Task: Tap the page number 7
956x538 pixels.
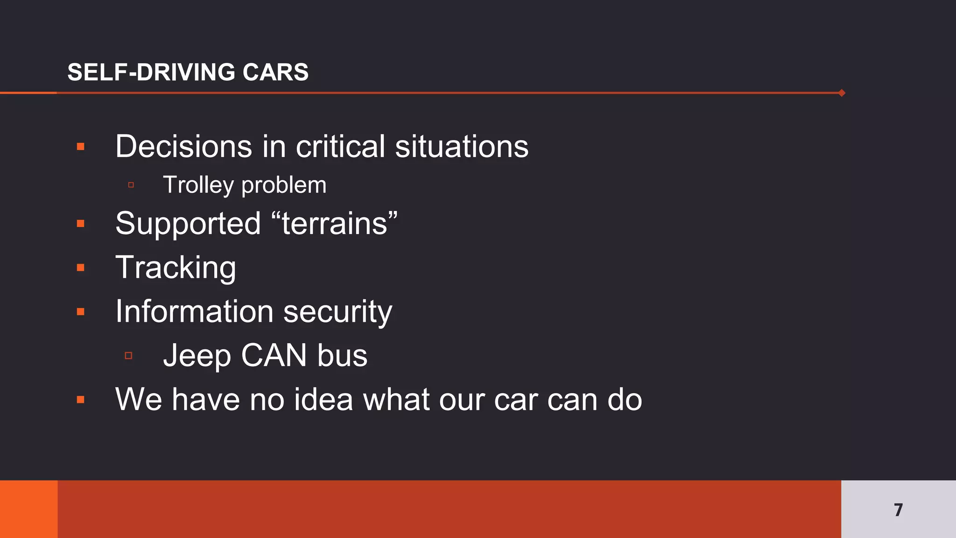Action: click(x=898, y=510)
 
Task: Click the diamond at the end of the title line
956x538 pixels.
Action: click(x=842, y=93)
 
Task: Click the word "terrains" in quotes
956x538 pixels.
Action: click(x=334, y=223)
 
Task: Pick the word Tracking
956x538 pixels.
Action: click(x=176, y=268)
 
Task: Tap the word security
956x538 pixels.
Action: click(x=337, y=311)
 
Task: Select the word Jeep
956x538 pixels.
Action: click(x=197, y=356)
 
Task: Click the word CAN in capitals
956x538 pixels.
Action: click(x=274, y=356)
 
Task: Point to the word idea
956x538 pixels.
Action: click(x=323, y=400)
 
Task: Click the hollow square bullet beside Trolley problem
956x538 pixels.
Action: click(x=131, y=185)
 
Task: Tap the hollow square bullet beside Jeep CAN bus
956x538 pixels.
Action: click(x=129, y=356)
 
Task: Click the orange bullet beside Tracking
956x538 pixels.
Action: click(x=81, y=268)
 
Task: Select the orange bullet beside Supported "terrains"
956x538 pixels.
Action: click(x=81, y=224)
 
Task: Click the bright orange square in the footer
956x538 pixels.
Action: click(x=28, y=509)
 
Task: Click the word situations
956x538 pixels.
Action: click(x=462, y=147)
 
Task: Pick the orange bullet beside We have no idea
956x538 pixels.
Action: click(x=81, y=400)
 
